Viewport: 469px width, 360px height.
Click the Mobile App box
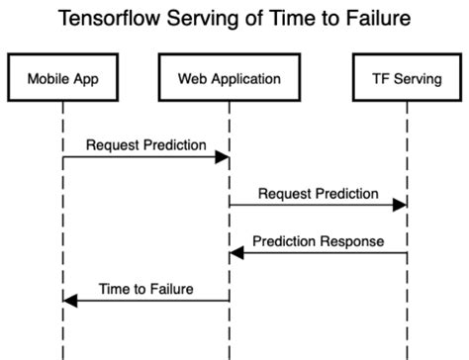click(62, 78)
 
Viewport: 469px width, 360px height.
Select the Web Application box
click(229, 78)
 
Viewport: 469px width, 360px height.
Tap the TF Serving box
click(406, 78)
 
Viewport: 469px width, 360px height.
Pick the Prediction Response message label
click(318, 241)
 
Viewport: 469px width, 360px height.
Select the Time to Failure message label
click(145, 289)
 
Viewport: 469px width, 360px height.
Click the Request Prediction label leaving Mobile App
click(145, 145)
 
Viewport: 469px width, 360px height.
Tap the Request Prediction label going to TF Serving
click(318, 194)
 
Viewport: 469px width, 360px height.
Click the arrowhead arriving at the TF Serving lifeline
click(399, 205)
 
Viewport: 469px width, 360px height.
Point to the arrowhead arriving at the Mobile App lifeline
click(70, 300)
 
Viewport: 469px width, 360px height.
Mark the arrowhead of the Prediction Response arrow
click(236, 253)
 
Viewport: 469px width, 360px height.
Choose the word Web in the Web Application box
click(192, 78)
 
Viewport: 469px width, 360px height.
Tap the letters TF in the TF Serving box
click(378, 78)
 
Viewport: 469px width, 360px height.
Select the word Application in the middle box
click(243, 78)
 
